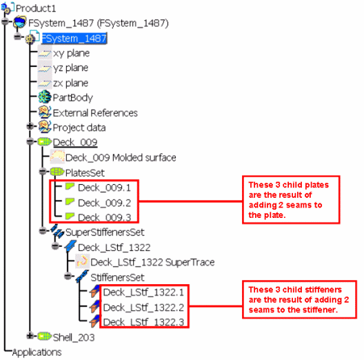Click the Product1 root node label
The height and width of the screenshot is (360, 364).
[x=36, y=8]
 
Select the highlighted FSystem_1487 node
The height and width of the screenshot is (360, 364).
[x=74, y=39]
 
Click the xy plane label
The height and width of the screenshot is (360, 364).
[x=71, y=53]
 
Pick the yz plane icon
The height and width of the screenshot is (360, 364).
[x=45, y=68]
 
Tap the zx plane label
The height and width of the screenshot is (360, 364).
[x=70, y=83]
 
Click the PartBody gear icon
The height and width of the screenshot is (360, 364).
[x=45, y=97]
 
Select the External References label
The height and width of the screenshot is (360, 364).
[x=95, y=113]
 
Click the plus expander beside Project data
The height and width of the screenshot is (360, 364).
[x=30, y=126]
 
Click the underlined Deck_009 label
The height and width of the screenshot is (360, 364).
[x=75, y=142]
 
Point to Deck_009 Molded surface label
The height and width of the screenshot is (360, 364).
[x=121, y=158]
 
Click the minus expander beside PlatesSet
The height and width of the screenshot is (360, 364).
[x=43, y=172]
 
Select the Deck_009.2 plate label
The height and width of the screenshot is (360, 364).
[x=105, y=203]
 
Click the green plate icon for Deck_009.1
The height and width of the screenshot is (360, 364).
[x=70, y=186]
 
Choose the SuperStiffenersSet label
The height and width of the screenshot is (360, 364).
[x=105, y=232]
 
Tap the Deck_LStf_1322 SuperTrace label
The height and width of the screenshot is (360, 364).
[x=152, y=263]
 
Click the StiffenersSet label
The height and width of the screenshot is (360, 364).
[x=117, y=277]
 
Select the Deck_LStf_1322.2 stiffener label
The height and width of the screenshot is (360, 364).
[x=143, y=308]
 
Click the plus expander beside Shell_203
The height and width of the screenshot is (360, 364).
[x=30, y=336]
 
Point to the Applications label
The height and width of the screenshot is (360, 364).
[x=37, y=352]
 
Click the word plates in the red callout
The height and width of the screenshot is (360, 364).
[x=317, y=185]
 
